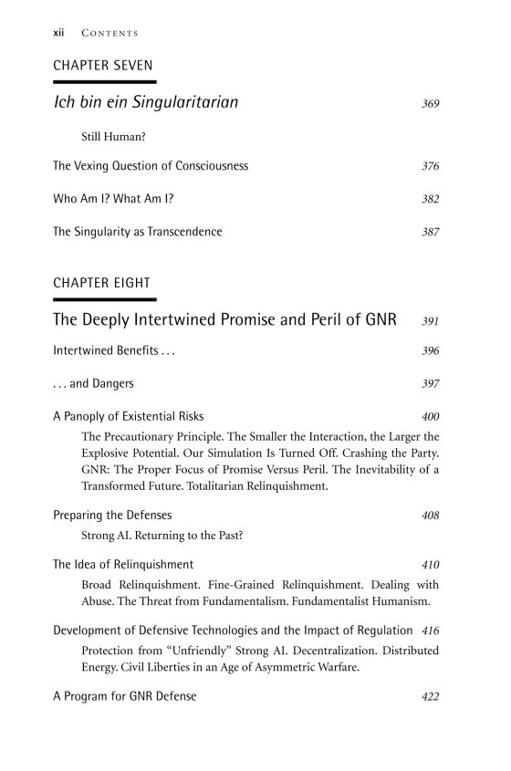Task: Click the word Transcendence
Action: pyautogui.click(x=181, y=232)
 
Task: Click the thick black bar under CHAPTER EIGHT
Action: pyautogui.click(x=104, y=299)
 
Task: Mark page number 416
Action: pyautogui.click(x=431, y=630)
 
